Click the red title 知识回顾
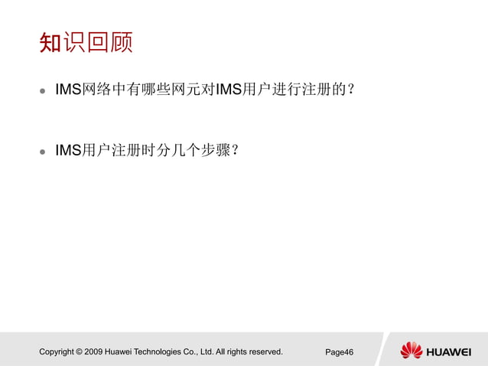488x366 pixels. coord(86,42)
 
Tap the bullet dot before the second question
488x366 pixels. coord(43,152)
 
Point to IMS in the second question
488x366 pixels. coord(68,151)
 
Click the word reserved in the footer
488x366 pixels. coord(264,352)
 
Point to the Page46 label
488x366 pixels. coord(339,352)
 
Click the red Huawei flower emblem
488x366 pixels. coord(411,351)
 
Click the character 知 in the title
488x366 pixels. coord(50,42)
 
